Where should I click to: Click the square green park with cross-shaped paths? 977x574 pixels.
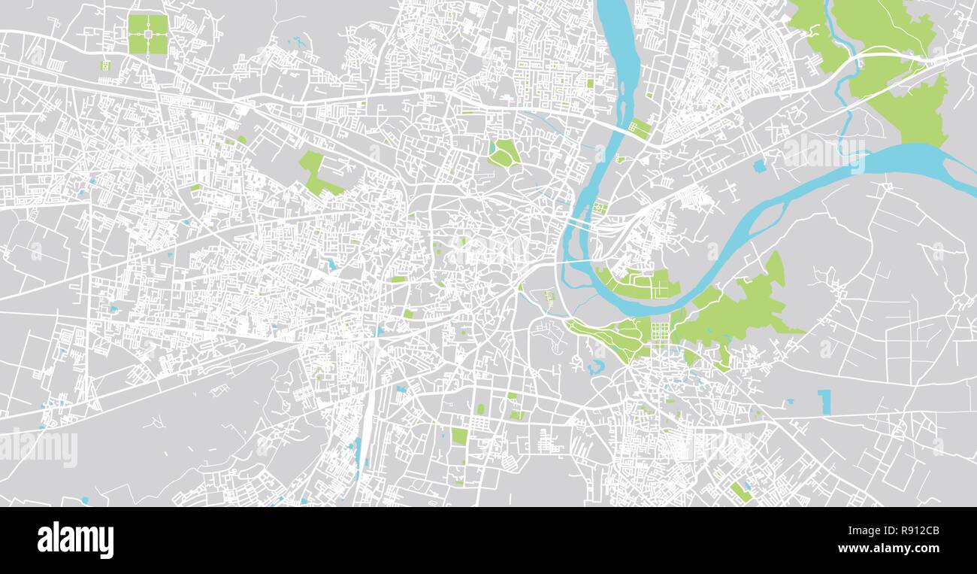[147, 35]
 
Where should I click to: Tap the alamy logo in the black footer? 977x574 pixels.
[75, 540]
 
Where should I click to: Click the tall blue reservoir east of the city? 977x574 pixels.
[825, 401]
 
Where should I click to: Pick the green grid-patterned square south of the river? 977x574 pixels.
[660, 333]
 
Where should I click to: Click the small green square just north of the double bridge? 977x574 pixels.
[599, 208]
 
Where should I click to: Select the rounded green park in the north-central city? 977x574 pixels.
[503, 153]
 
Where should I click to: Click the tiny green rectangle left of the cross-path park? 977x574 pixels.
[105, 65]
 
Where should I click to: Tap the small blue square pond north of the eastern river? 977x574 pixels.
[758, 166]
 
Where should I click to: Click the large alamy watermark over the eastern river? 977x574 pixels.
[824, 152]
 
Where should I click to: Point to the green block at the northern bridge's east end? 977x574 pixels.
[640, 129]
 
